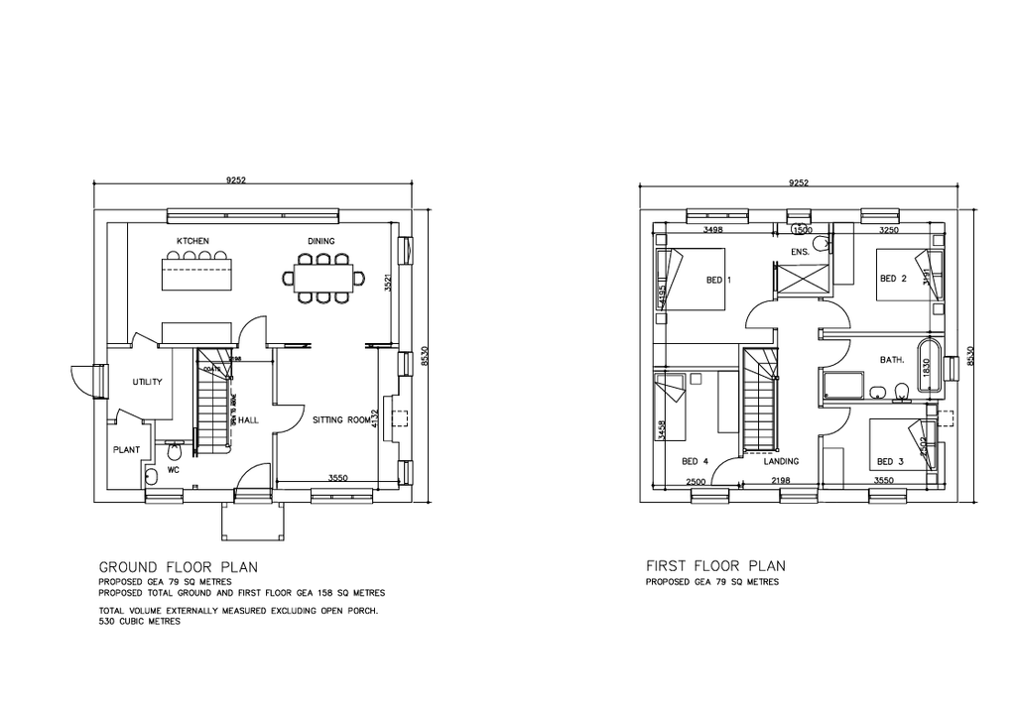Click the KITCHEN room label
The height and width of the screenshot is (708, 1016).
(192, 241)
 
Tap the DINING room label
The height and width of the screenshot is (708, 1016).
(320, 241)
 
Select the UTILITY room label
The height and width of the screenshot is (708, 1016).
(147, 382)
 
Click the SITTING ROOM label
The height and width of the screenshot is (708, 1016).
(341, 420)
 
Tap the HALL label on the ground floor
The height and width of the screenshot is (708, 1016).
(248, 420)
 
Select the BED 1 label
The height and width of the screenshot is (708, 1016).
(718, 281)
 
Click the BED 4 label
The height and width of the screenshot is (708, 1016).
(695, 461)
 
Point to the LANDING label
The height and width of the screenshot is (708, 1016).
(781, 461)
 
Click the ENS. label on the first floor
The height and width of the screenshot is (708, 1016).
(800, 252)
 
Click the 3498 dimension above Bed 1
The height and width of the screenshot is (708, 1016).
(711, 230)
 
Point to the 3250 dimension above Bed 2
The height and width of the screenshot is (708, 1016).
(889, 230)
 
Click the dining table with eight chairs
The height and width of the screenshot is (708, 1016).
(322, 279)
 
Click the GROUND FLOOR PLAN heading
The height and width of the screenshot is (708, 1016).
(179, 567)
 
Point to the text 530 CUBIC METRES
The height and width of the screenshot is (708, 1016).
(139, 623)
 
